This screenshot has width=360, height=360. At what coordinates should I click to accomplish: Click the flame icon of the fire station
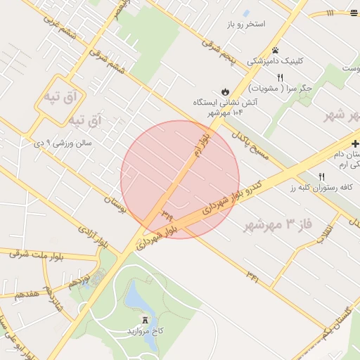tap(224, 91)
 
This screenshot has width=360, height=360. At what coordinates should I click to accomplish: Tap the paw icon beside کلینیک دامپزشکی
tap(276, 50)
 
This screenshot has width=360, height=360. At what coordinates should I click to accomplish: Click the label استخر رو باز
tap(245, 24)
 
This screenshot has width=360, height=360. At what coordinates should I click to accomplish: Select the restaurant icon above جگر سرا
tap(280, 77)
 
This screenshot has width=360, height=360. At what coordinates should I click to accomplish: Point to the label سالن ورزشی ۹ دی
tap(64, 143)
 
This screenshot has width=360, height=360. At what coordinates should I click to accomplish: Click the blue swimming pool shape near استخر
tap(246, 13)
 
